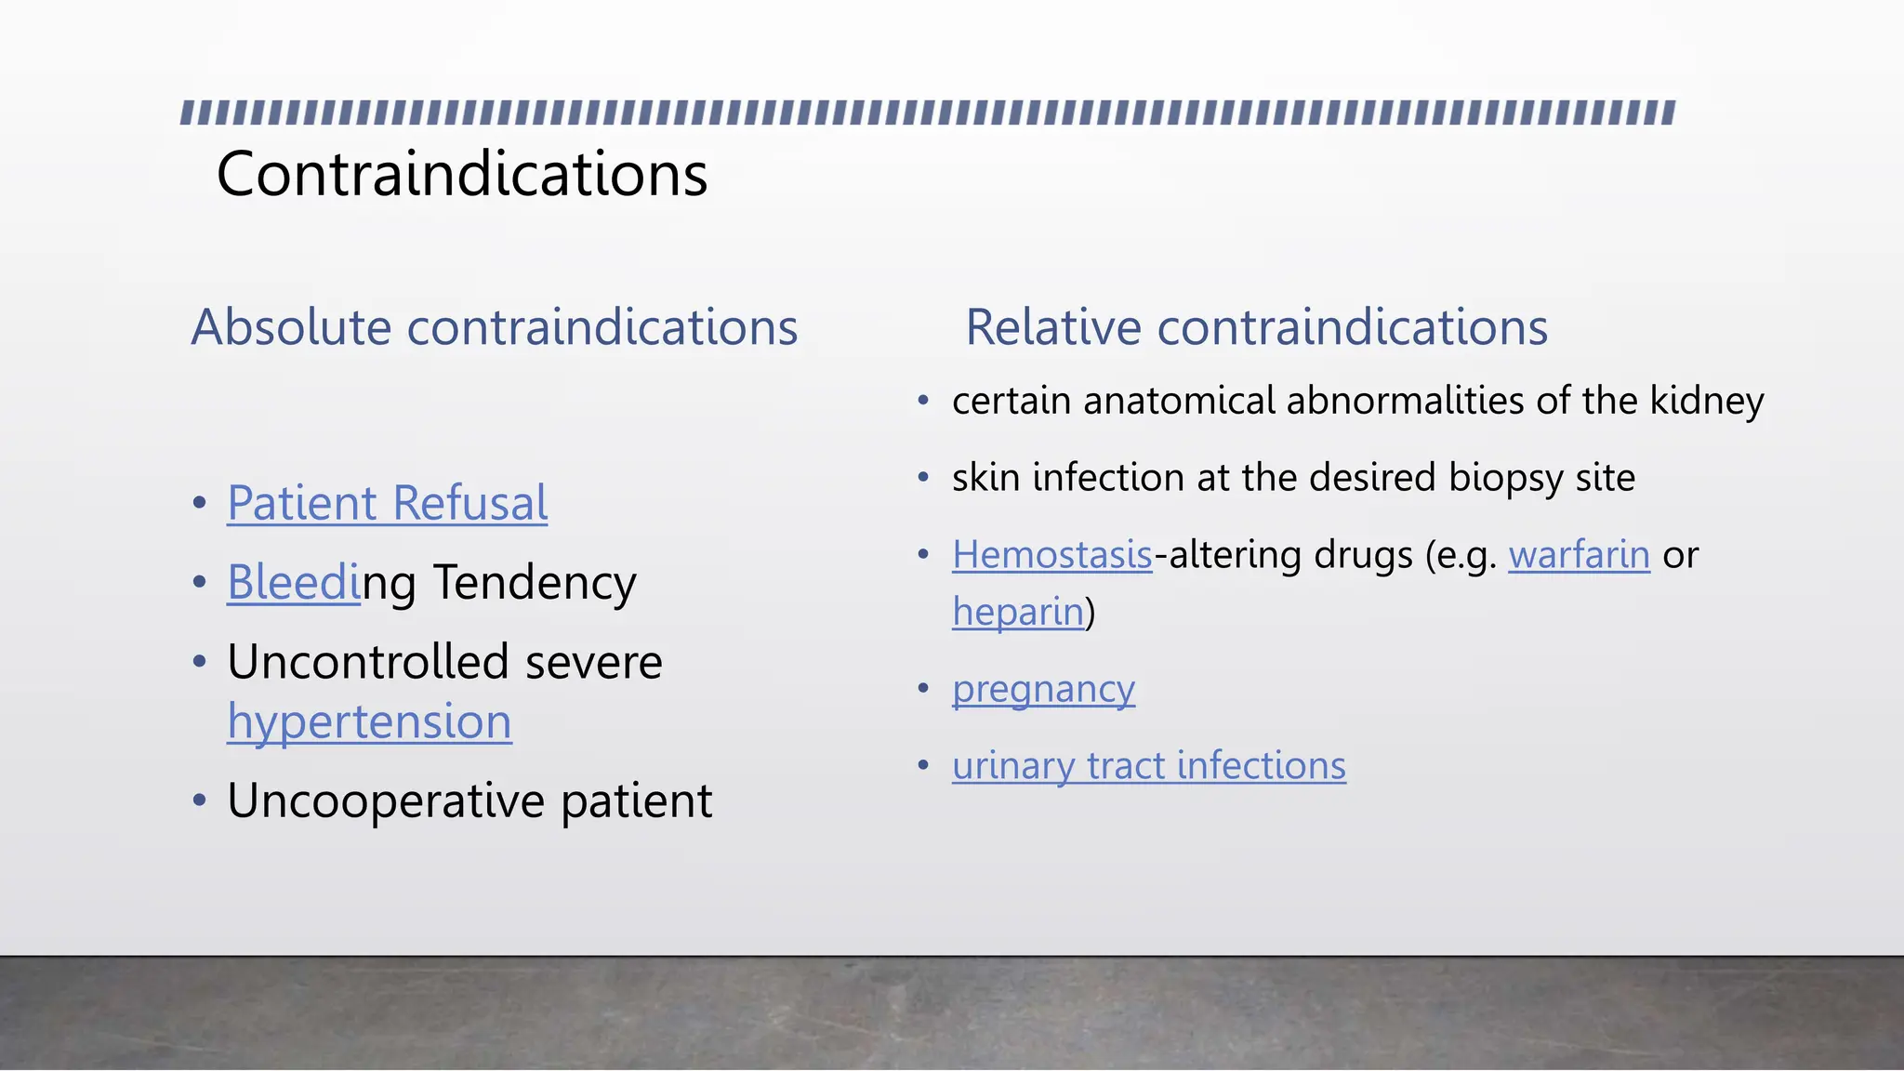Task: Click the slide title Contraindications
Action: pos(461,174)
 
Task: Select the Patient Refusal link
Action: pos(387,503)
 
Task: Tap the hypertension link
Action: pos(369,721)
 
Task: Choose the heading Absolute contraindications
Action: pos(494,327)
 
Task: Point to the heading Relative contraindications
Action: pos(1256,327)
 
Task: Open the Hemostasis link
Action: pos(1051,555)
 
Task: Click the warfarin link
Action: pos(1579,555)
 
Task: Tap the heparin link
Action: pos(1018,612)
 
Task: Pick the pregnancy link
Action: pos(1043,689)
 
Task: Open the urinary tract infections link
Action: pos(1148,766)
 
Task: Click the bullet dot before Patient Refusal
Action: pos(199,504)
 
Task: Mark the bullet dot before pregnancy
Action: pos(923,689)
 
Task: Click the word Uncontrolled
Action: pos(368,662)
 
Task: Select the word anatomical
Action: pos(1178,401)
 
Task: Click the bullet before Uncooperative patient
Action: pos(199,800)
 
